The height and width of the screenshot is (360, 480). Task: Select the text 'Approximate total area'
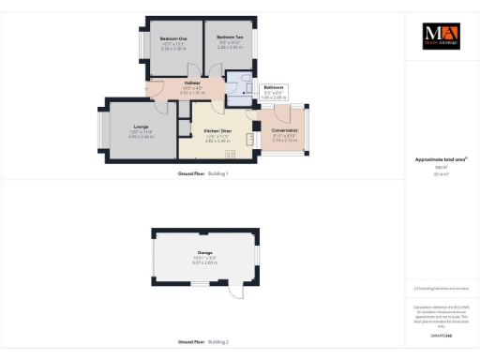click(x=436, y=159)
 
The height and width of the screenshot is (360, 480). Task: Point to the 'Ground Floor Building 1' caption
click(x=203, y=174)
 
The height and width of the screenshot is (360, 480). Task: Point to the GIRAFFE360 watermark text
click(x=436, y=335)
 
